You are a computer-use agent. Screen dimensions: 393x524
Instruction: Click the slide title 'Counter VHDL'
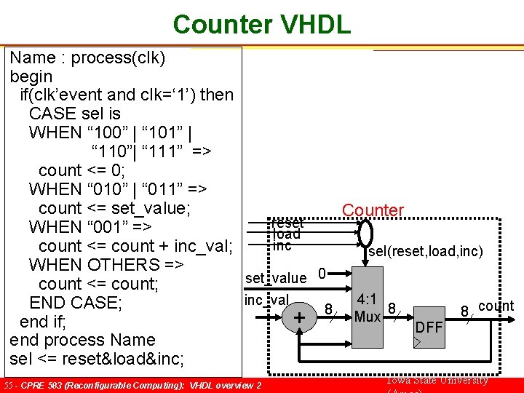261,24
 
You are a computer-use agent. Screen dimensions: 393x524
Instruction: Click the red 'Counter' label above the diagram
373,210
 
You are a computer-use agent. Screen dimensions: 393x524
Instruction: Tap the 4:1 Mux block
368,309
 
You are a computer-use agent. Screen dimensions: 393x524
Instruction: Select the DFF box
429,327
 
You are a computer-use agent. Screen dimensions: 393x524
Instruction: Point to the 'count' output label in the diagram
496,306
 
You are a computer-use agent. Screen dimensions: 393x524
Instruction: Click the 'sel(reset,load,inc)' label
426,252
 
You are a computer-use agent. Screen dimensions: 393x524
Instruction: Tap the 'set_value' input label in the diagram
276,277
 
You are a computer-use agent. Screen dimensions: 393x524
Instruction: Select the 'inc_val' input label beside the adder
266,300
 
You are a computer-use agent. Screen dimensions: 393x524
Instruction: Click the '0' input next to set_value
321,274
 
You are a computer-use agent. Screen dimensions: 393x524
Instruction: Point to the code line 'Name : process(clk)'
87,57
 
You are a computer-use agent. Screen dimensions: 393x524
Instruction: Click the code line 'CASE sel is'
75,114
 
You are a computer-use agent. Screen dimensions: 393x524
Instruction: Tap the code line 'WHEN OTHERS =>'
106,264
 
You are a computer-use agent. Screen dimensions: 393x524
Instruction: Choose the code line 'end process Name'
82,340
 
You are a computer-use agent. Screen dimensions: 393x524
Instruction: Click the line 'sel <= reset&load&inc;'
97,359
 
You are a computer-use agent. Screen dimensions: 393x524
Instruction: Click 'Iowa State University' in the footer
436,381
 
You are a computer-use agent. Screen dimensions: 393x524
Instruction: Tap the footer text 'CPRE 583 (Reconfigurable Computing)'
102,385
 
